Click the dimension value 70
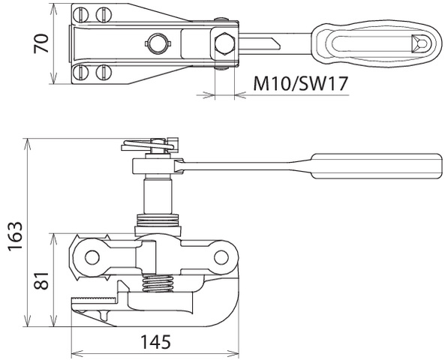pyautogui.click(x=41, y=43)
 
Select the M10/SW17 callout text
pyautogui.click(x=300, y=83)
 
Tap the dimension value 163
pyautogui.click(x=15, y=236)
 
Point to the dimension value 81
pyautogui.click(x=41, y=280)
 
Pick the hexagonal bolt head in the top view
pyautogui.click(x=224, y=44)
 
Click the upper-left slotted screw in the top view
pyautogui.click(x=80, y=14)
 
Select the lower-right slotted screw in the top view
pyautogui.click(x=104, y=73)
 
